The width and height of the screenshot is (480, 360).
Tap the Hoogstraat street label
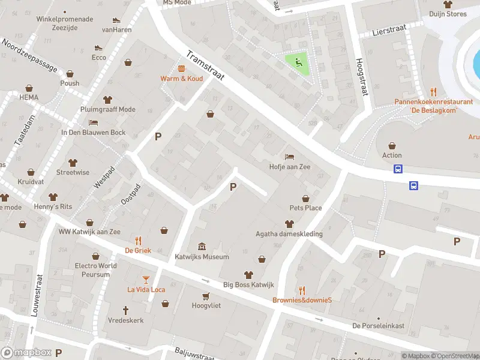pos(361,77)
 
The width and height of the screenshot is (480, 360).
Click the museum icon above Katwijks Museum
pos(202,247)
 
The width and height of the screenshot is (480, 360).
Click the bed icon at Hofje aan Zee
pos(290,157)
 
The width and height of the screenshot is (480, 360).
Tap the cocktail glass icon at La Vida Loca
pos(146,279)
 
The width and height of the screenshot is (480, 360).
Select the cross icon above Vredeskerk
pos(126,310)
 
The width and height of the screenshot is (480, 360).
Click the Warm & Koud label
pos(181,79)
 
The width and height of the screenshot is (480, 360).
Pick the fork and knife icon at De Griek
pos(138,240)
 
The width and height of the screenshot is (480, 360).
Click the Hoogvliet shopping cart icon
pos(206,296)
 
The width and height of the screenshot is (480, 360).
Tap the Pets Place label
pos(305,208)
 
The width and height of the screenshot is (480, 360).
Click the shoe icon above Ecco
pos(99,47)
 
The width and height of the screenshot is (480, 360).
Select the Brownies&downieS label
pos(302,300)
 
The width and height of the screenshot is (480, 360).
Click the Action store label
pos(392,155)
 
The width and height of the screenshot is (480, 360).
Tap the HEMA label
pos(28,97)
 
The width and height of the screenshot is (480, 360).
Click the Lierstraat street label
pos(385,30)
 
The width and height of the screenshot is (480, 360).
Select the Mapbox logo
pos(26,353)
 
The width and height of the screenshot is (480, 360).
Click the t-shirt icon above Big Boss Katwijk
pos(248,274)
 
